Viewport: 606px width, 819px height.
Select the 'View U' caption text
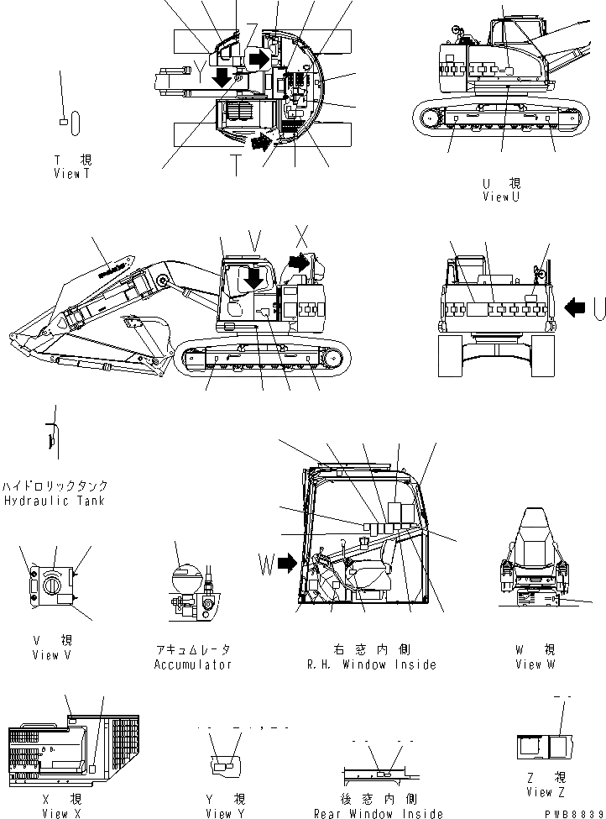[501, 197]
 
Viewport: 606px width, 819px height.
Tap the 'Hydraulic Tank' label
[54, 501]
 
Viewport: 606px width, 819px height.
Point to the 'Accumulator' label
[192, 664]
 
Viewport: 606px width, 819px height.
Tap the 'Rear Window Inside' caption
[378, 813]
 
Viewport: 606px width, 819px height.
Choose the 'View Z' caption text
[540, 791]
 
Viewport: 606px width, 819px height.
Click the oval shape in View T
[76, 123]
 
